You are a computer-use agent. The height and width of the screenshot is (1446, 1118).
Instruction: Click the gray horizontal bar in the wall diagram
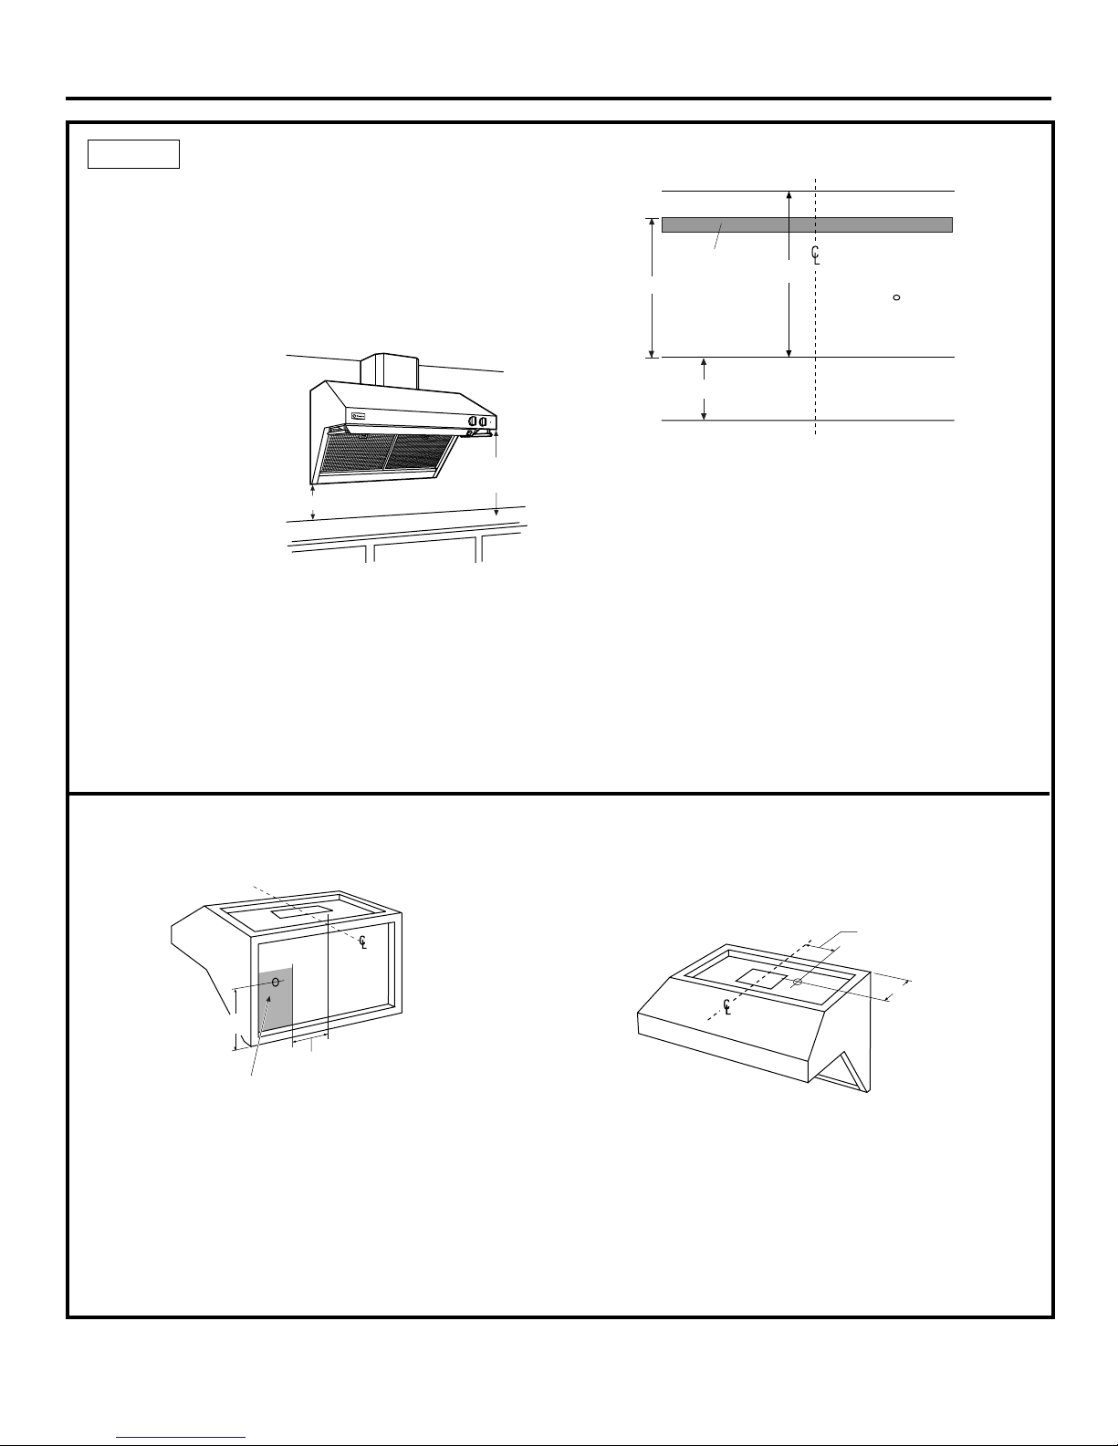[x=807, y=225]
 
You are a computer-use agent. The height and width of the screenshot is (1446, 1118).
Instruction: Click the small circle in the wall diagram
[x=896, y=297]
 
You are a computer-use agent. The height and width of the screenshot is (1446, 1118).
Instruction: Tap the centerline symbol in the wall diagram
[x=815, y=255]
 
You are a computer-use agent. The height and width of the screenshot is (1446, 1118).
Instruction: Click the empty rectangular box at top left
[x=133, y=154]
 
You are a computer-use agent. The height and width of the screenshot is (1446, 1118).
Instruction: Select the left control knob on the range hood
[x=472, y=422]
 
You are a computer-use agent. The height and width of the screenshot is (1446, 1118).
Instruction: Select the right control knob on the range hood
[x=482, y=422]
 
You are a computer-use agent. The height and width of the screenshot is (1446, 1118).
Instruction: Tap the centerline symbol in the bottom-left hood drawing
[x=362, y=941]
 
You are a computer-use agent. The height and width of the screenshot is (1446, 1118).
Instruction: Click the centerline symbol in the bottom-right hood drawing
[x=726, y=1006]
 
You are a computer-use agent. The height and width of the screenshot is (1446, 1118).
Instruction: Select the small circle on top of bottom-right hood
[x=797, y=982]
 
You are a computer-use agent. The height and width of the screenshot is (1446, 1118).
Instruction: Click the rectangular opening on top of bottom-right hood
[x=761, y=981]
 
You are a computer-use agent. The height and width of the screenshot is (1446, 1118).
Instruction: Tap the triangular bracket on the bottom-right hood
[x=846, y=1072]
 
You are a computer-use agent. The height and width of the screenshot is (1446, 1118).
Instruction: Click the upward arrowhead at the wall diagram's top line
[x=789, y=195]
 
